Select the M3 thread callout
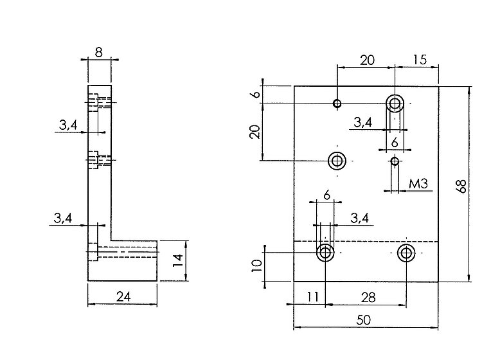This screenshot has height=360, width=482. tap(418, 184)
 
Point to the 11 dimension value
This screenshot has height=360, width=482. tap(313, 298)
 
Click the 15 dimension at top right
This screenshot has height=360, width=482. tap(420, 60)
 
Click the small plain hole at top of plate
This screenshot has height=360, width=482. tap(337, 103)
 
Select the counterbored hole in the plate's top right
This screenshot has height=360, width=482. tap(395, 103)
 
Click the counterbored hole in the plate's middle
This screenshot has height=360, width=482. tap(337, 161)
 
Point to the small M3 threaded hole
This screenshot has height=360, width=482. tap(395, 161)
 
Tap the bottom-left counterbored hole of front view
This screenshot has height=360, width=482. tap(325, 253)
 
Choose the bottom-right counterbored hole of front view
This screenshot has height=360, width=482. tap(406, 253)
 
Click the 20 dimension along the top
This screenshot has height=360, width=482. tap(367, 60)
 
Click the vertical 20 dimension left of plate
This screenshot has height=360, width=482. tap(255, 132)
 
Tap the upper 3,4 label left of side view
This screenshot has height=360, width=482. tap(68, 126)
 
